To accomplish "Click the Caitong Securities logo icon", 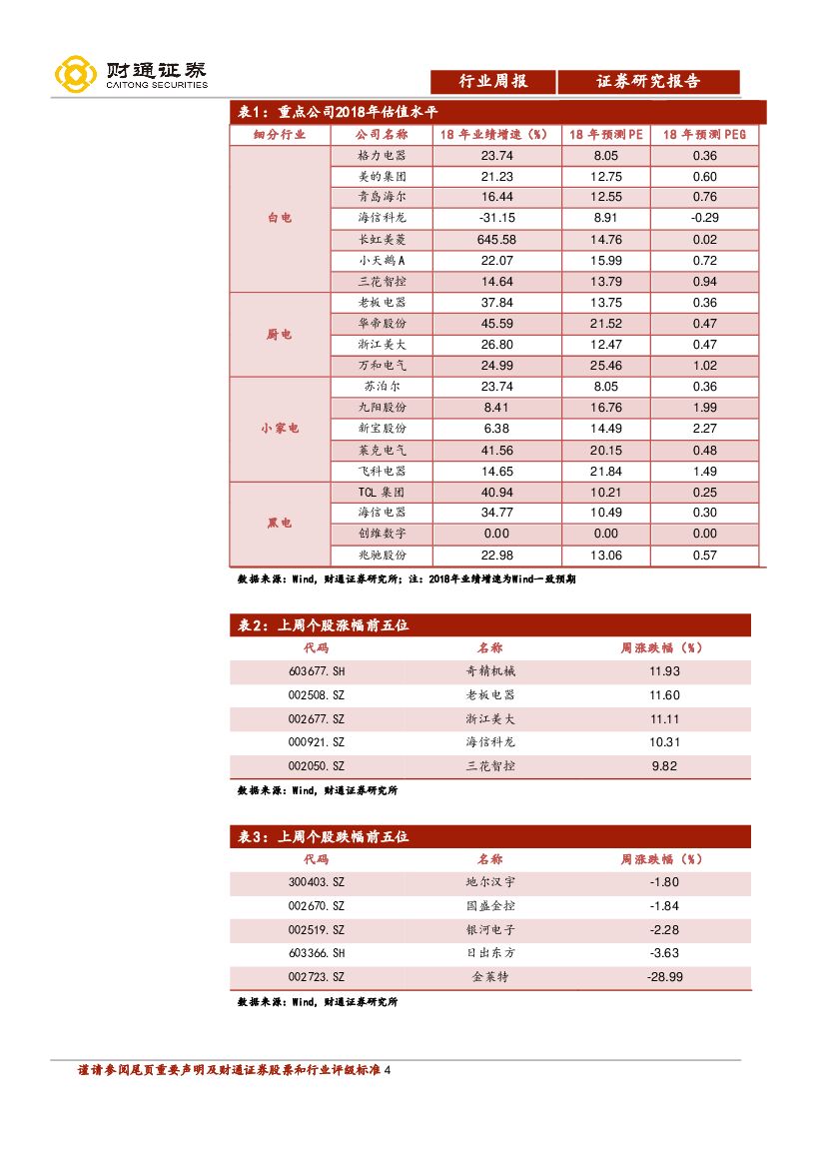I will (74, 75).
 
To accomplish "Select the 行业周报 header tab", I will (492, 82).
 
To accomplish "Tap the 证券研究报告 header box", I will (648, 82).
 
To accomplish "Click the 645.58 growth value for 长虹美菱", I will (496, 240).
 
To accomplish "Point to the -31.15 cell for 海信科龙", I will (496, 219).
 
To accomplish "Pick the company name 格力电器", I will (381, 156).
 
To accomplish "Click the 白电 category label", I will (280, 218).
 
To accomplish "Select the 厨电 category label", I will (280, 335).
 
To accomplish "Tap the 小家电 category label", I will (280, 429).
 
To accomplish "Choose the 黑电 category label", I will (280, 524).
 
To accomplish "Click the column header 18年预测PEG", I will (704, 134).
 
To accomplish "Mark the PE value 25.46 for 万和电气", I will (606, 366).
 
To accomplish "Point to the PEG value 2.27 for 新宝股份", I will (704, 429).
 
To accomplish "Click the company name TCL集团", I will (381, 493).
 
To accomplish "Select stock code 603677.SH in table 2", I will (317, 671).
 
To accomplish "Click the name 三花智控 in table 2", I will (490, 766).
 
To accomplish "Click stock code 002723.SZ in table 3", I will (316, 977).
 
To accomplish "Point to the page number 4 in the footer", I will (388, 1070).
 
